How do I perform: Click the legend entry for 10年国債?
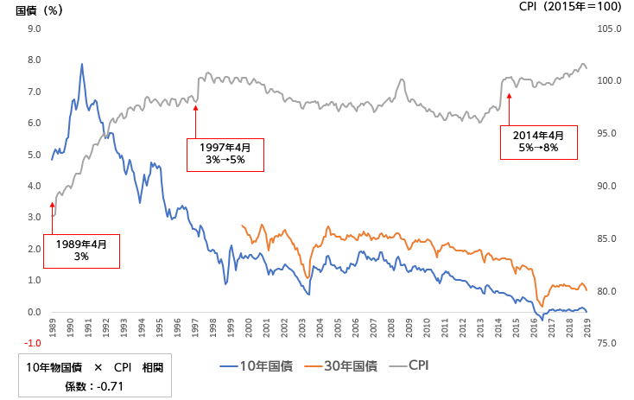[x=256, y=365]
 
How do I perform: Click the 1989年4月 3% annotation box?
[x=81, y=251]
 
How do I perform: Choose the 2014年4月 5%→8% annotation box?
[x=539, y=142]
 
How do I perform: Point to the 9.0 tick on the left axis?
[x=35, y=29]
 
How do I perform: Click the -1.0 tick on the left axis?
[x=34, y=343]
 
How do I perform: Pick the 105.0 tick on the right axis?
[x=610, y=29]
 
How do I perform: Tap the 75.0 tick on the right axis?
[x=608, y=343]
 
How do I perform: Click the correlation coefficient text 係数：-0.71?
[x=95, y=385]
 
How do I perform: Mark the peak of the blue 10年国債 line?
[x=82, y=64]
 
